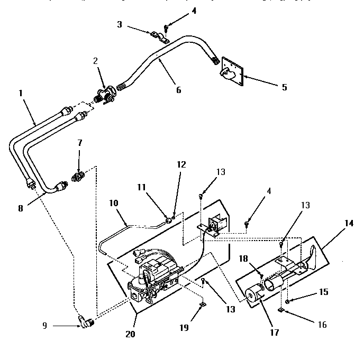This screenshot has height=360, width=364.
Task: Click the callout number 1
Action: click(21, 93)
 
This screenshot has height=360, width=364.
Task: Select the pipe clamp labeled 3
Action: click(158, 36)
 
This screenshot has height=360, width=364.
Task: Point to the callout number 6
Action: click(178, 90)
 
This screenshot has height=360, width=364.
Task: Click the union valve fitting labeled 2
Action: click(104, 95)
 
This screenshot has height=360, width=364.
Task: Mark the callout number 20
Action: click(130, 334)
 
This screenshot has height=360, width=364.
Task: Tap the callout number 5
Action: click(284, 87)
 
